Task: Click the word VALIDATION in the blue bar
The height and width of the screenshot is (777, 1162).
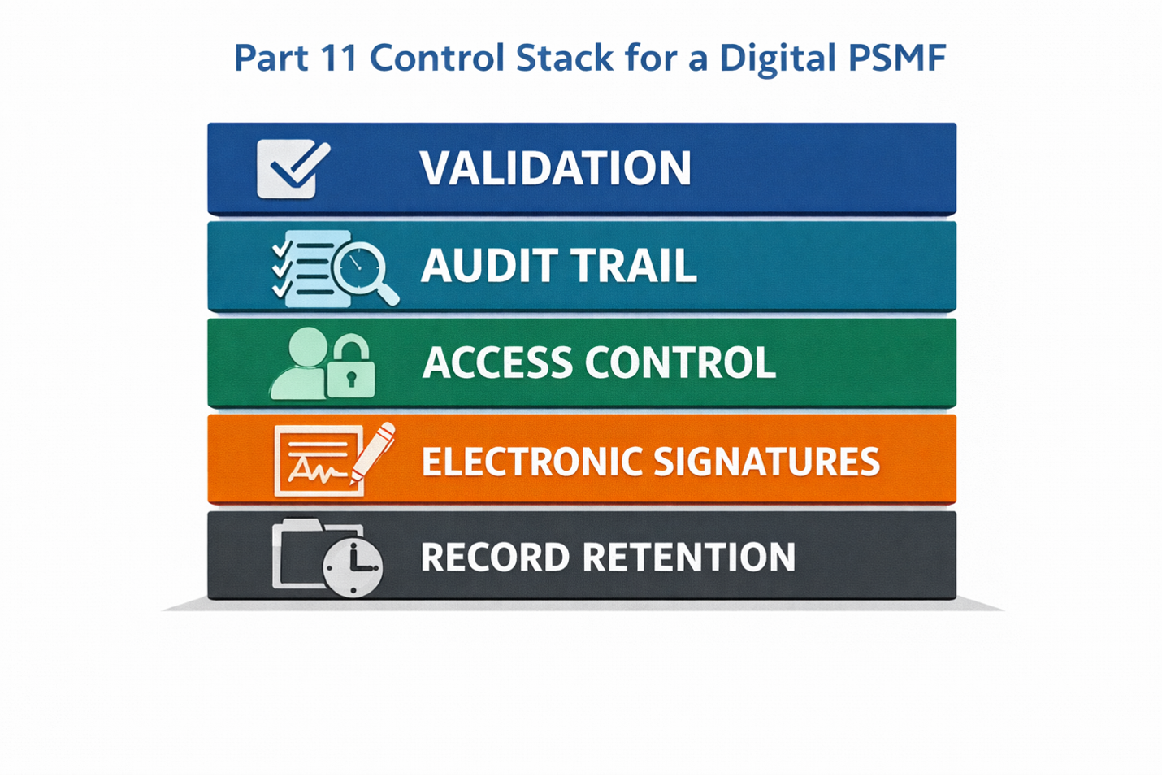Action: pyautogui.click(x=555, y=168)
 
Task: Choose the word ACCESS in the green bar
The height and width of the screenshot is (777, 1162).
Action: pyautogui.click(x=497, y=362)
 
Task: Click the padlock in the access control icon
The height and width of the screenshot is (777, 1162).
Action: pyautogui.click(x=351, y=373)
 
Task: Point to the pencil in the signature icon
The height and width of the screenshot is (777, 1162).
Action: pyautogui.click(x=373, y=453)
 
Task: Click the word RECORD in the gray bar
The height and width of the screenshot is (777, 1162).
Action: pyautogui.click(x=495, y=558)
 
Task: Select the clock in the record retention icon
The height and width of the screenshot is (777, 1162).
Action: pyautogui.click(x=352, y=566)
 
